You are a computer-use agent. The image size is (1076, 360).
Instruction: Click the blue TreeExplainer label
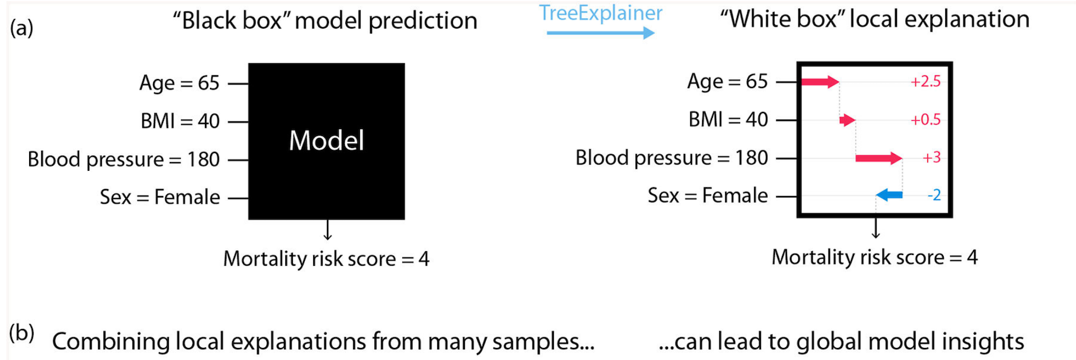(x=600, y=13)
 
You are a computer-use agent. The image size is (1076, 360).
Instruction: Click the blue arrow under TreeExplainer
(x=601, y=33)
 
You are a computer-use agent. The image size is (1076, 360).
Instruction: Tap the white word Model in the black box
(x=326, y=141)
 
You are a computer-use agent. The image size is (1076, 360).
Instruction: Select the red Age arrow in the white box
(x=820, y=82)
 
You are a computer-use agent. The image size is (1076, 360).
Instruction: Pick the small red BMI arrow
(x=848, y=120)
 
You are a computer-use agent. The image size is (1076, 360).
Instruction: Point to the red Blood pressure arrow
(x=879, y=158)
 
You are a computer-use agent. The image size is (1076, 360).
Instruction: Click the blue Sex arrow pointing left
(x=889, y=195)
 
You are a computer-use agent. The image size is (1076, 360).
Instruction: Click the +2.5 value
(x=925, y=82)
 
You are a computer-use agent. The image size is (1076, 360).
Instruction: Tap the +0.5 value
(x=925, y=120)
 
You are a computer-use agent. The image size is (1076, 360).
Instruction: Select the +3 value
(x=932, y=158)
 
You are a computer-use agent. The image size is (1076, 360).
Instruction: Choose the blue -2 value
(x=934, y=195)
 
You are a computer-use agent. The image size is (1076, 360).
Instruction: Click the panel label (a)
(x=22, y=28)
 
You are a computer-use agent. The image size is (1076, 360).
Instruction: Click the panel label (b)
(x=22, y=333)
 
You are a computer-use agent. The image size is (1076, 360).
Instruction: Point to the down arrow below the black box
(x=327, y=230)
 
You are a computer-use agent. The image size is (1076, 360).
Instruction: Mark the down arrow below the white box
(x=875, y=228)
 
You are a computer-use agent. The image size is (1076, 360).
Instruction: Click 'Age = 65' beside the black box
(x=180, y=83)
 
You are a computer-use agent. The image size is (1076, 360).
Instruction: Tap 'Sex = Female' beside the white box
(x=708, y=196)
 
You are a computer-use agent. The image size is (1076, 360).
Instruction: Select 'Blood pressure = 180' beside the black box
(x=124, y=159)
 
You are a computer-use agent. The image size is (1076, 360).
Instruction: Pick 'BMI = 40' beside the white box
(x=728, y=120)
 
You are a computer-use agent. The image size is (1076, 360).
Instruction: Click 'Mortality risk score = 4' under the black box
(x=326, y=259)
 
